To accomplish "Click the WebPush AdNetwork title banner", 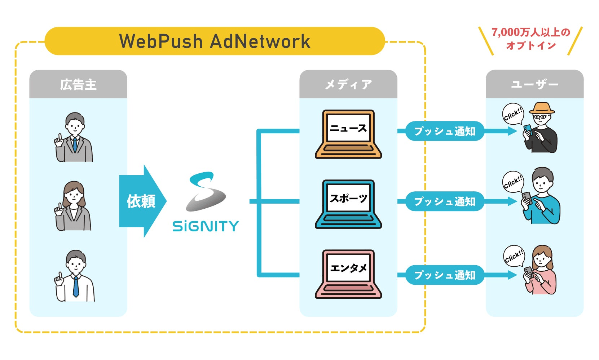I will point(215,41).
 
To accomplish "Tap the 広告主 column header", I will point(78,84).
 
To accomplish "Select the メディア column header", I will point(348,84).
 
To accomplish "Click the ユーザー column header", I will point(534,84).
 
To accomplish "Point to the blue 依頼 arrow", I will point(142,201).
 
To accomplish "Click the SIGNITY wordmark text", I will point(206,226).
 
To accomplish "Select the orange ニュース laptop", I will point(348,134).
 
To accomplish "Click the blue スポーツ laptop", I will point(348,204).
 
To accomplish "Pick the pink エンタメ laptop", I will point(348,274).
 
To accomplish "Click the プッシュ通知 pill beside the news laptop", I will point(444,131).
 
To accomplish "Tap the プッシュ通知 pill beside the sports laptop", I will point(444,201).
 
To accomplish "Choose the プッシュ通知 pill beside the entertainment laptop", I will point(444,275).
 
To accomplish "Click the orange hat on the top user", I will point(542,108).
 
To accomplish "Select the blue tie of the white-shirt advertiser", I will point(76,286).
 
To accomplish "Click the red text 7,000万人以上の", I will point(530,32).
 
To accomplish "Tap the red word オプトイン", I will point(530,46).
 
